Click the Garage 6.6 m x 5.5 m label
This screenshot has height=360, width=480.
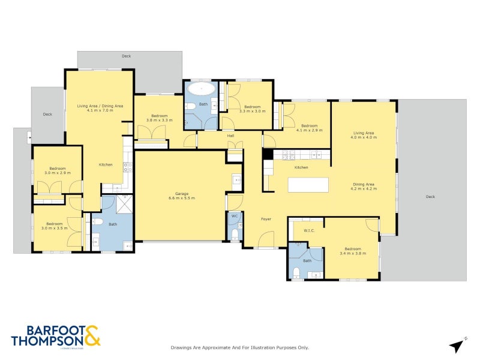click(x=181, y=196)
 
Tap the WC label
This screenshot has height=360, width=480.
click(x=234, y=216)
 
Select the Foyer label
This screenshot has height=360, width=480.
click(x=266, y=219)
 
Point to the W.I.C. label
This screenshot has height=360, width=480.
click(x=309, y=230)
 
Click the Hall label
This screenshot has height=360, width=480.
click(x=230, y=136)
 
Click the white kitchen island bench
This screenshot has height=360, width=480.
click(x=308, y=184)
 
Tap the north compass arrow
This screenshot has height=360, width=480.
click(x=457, y=346)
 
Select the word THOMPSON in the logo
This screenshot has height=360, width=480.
click(x=47, y=340)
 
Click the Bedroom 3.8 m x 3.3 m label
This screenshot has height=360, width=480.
click(x=159, y=118)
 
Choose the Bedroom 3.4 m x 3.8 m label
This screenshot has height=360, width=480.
click(x=353, y=251)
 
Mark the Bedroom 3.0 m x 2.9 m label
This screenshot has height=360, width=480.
click(x=57, y=171)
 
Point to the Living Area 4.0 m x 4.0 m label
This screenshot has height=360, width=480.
click(x=364, y=135)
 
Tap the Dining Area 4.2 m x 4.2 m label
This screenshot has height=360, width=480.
click(x=364, y=186)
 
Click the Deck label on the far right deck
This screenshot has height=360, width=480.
click(x=430, y=197)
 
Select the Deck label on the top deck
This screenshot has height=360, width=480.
click(x=126, y=56)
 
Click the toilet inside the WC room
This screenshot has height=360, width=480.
click(x=234, y=233)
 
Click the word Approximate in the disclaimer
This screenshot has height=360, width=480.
click(x=211, y=347)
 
